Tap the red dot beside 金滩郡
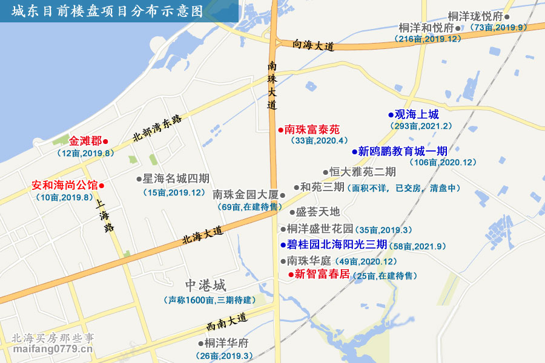[x=105, y=142]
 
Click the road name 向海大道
[x=313, y=45]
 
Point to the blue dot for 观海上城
[x=391, y=114]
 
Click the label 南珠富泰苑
[x=312, y=129]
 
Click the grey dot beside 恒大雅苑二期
[x=325, y=172]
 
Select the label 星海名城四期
[x=176, y=179]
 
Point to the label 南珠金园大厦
[x=245, y=195]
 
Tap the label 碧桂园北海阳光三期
[x=337, y=245]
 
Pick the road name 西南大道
[x=226, y=321]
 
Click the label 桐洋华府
[x=226, y=343]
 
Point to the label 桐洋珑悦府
[x=475, y=16]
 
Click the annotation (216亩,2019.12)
[x=428, y=39]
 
